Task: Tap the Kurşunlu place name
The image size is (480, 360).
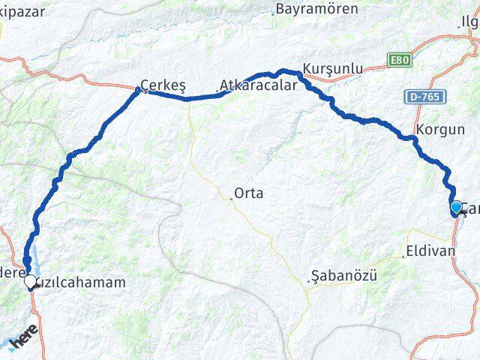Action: click(333, 68)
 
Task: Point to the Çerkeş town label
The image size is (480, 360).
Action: click(163, 85)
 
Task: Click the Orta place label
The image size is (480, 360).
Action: click(248, 193)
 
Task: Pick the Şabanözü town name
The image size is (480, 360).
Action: click(344, 277)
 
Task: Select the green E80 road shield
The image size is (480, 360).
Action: click(400, 59)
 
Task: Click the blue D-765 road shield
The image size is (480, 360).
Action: click(425, 97)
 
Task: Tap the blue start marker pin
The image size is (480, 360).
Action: click(456, 207)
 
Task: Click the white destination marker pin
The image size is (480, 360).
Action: click(31, 283)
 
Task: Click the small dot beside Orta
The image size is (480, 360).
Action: click(231, 198)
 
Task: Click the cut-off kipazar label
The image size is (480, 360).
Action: click(22, 10)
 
